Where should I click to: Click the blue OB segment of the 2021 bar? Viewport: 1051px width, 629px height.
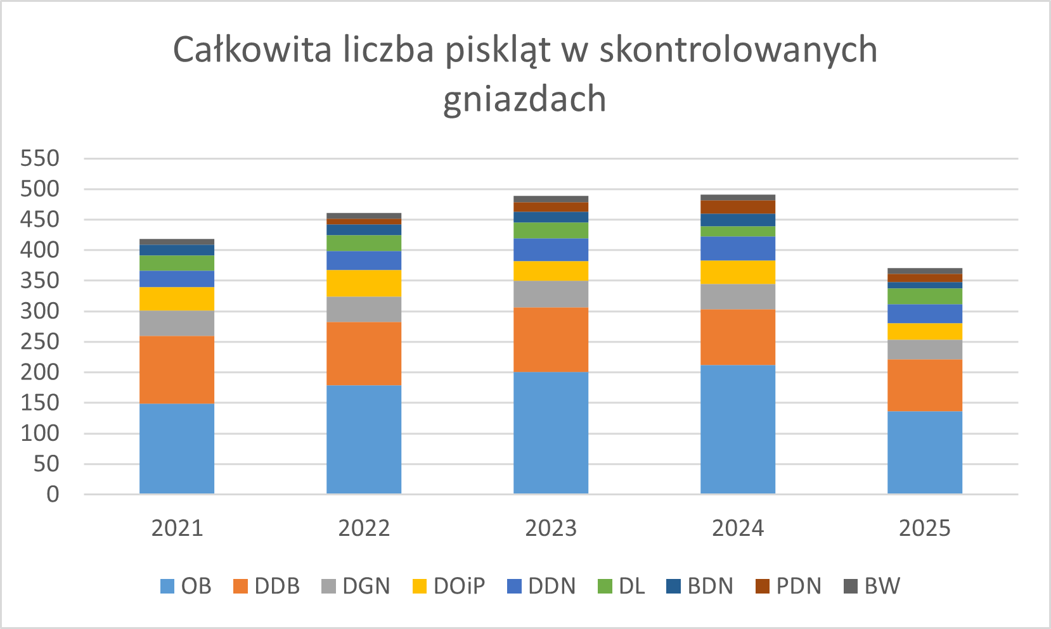[176, 448]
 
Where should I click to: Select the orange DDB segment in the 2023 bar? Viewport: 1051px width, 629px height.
[550, 340]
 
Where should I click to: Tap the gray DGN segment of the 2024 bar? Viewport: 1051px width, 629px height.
[737, 296]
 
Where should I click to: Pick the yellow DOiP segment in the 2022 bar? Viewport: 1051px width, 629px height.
[363, 283]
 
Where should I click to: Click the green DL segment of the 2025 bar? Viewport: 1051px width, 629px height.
[924, 296]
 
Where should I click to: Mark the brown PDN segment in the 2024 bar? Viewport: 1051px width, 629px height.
[737, 207]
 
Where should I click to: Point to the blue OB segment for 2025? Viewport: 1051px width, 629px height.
[924, 452]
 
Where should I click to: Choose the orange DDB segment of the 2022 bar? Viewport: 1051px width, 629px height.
[363, 353]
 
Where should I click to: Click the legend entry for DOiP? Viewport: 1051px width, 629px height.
[449, 586]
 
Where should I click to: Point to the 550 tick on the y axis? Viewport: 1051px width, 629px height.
[39, 158]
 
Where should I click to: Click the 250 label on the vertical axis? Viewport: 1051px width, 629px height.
[39, 342]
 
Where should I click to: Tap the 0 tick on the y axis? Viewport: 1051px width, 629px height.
[53, 495]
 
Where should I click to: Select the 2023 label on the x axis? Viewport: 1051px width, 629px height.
[550, 528]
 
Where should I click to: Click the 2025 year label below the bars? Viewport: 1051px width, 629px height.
[924, 528]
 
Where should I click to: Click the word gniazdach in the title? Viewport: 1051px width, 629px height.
[524, 100]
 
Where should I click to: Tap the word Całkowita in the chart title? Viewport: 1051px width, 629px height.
[252, 50]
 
